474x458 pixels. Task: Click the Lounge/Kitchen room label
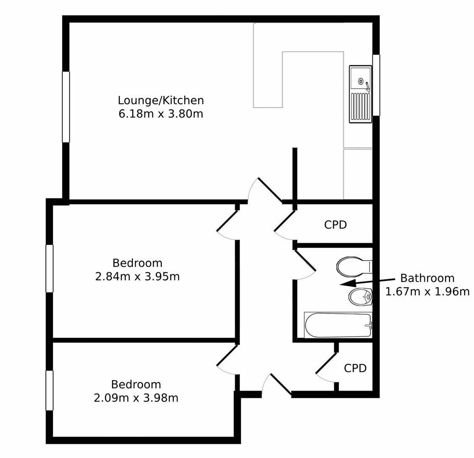click(161, 101)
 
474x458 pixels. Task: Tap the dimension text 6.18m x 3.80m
click(161, 114)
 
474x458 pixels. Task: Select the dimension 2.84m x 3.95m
click(137, 276)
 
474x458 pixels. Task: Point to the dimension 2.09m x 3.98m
click(136, 398)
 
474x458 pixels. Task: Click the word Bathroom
click(427, 278)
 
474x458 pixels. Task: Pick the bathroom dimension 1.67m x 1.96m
click(427, 292)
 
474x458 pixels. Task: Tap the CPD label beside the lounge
click(335, 225)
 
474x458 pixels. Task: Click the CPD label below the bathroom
click(355, 368)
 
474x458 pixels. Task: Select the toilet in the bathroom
click(352, 267)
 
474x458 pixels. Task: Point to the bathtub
click(338, 325)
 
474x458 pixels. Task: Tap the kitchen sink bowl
click(360, 78)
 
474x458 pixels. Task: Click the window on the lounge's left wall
click(66, 107)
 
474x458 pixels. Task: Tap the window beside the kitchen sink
click(376, 85)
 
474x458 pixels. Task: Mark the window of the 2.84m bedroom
click(50, 268)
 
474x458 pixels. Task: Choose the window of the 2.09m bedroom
click(50, 391)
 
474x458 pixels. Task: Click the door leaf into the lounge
click(270, 190)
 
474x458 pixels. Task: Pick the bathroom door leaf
click(305, 260)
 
